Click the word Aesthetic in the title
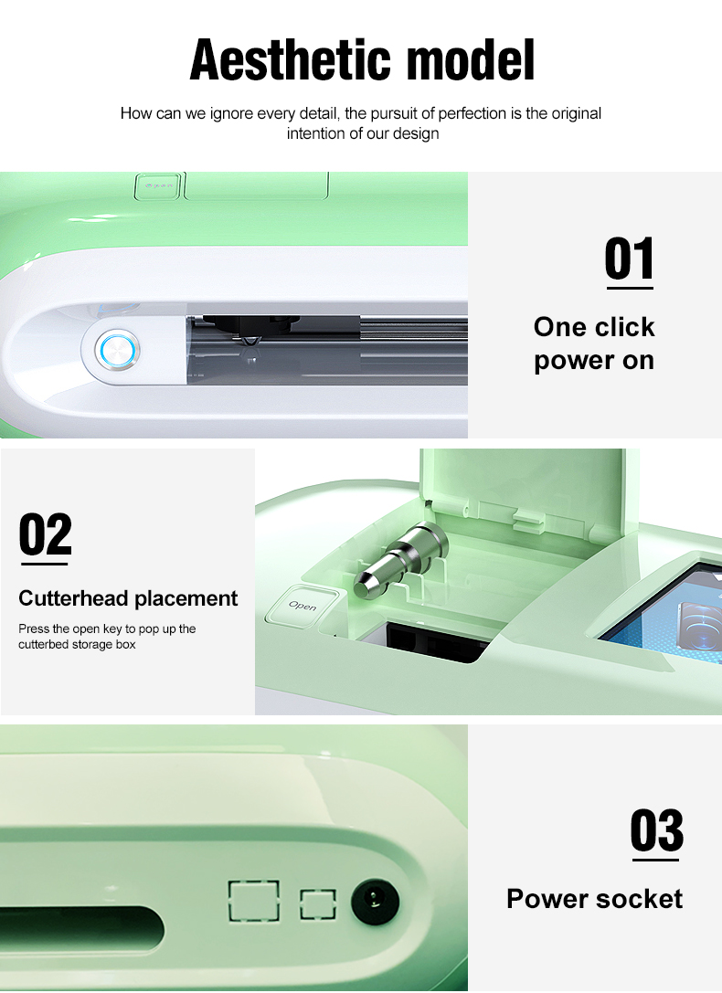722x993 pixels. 290,60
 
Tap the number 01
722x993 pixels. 629,259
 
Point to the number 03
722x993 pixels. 657,830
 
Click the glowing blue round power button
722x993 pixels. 117,350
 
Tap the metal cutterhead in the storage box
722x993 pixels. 400,561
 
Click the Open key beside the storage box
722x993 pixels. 303,606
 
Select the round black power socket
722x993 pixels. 375,900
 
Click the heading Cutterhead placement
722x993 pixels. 128,598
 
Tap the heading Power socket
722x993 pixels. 595,899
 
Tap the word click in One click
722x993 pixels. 625,327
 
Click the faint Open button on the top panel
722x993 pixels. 158,186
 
